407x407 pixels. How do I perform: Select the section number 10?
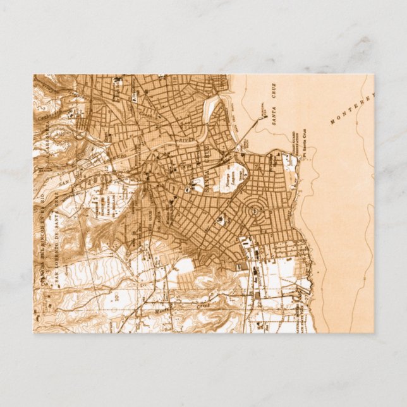pyautogui.click(x=117, y=295)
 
